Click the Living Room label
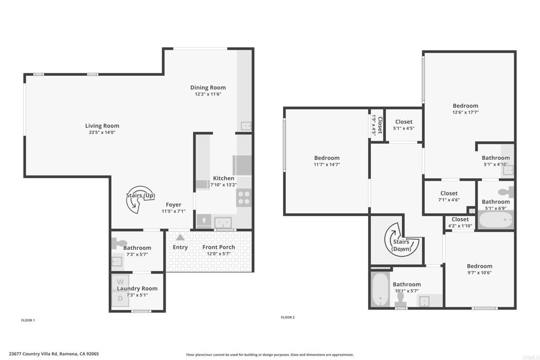point(102,126)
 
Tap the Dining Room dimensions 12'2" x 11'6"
point(208,94)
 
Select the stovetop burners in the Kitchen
point(244,198)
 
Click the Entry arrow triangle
point(180,237)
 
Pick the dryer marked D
point(120,298)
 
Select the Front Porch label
point(219,247)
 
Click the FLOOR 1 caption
point(28,320)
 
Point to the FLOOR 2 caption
point(287,317)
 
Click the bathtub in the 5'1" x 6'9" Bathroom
point(496,219)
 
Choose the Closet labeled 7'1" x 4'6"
point(449,196)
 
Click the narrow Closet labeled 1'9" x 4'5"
point(377,125)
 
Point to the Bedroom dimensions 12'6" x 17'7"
point(466,112)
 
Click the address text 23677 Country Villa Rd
point(33,354)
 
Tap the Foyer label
point(173,205)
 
